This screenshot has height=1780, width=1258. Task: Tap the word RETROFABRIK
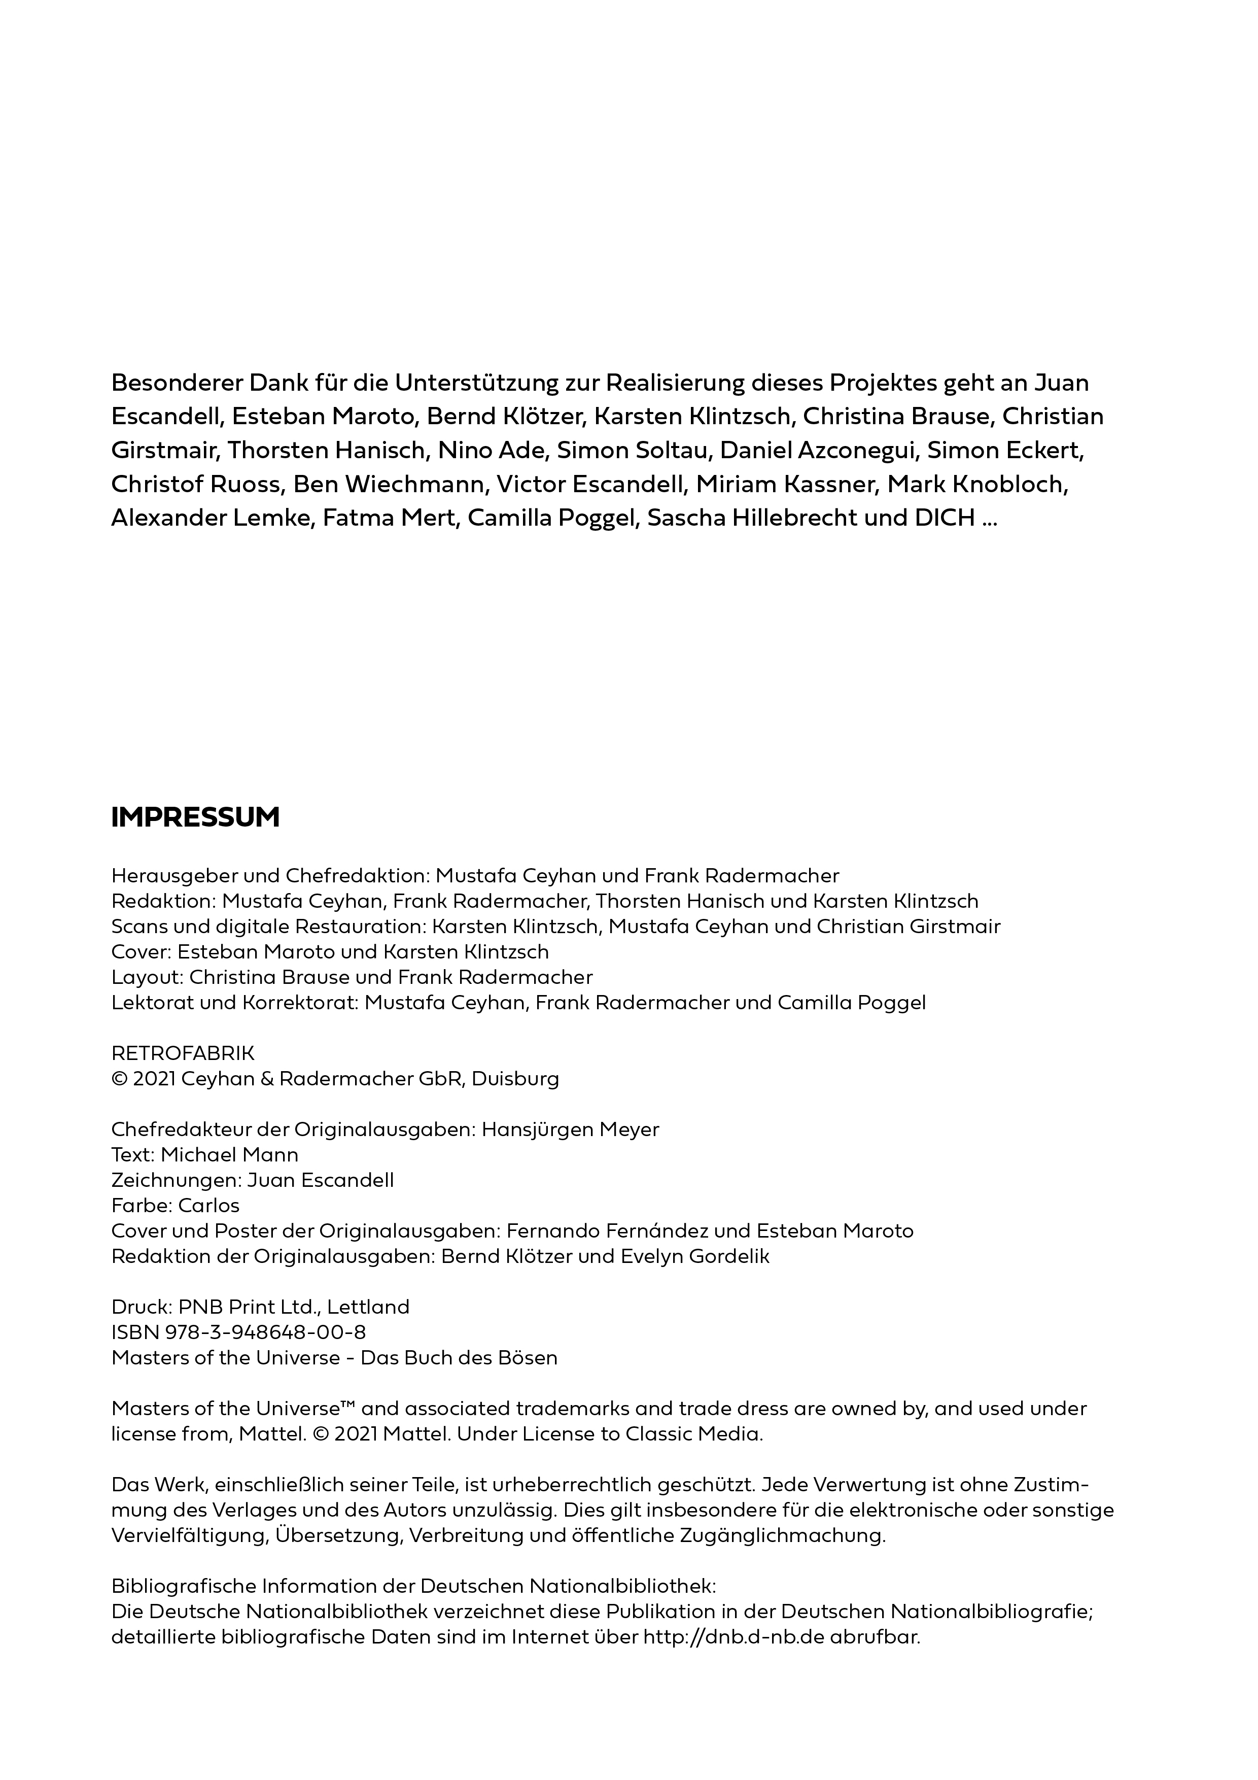(x=183, y=1053)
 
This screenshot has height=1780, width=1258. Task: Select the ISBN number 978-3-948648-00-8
(x=265, y=1332)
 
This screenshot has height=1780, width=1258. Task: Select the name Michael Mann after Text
(x=229, y=1155)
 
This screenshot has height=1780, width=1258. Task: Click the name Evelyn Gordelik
(x=695, y=1257)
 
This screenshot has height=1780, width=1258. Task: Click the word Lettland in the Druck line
(x=368, y=1307)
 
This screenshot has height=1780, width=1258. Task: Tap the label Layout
(x=146, y=978)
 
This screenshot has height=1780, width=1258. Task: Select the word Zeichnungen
(x=175, y=1181)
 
